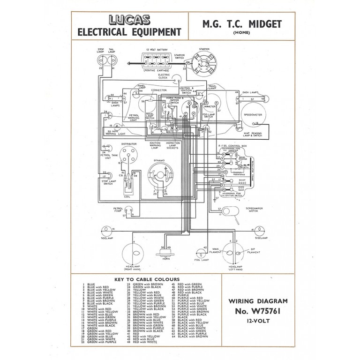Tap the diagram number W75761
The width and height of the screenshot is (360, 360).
point(261,311)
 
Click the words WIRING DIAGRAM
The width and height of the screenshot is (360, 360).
point(261,300)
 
